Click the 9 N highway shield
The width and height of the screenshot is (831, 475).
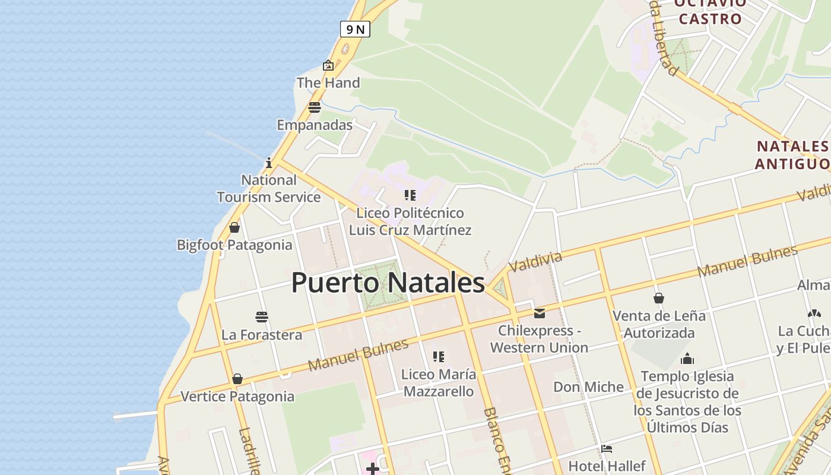pos(355,29)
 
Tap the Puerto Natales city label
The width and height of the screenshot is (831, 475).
pos(388,283)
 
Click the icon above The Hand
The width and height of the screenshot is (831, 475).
pos(328,65)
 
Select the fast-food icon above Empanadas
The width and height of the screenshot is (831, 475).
pos(315,107)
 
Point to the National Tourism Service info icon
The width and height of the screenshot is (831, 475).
pos(269,162)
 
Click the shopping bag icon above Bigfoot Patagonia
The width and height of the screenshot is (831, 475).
pos(234,227)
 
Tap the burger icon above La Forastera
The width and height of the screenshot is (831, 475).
pos(262,317)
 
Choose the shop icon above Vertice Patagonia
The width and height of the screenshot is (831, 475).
pos(237,379)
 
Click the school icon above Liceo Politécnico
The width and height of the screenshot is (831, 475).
pos(410,195)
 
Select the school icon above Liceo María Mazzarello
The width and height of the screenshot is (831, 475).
pos(439,357)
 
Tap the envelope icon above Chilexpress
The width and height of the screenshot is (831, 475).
pos(539,313)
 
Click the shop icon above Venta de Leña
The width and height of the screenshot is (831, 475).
pos(658,298)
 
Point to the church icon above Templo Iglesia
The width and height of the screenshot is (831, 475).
pos(687,359)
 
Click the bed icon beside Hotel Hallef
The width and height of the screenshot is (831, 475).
pos(607,449)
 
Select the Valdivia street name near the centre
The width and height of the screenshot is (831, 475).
pos(535,261)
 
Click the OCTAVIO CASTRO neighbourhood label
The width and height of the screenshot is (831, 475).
pos(710,11)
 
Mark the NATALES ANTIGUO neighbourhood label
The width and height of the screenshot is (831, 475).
pos(792,154)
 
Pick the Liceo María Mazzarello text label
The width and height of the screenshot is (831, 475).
pos(438,383)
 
